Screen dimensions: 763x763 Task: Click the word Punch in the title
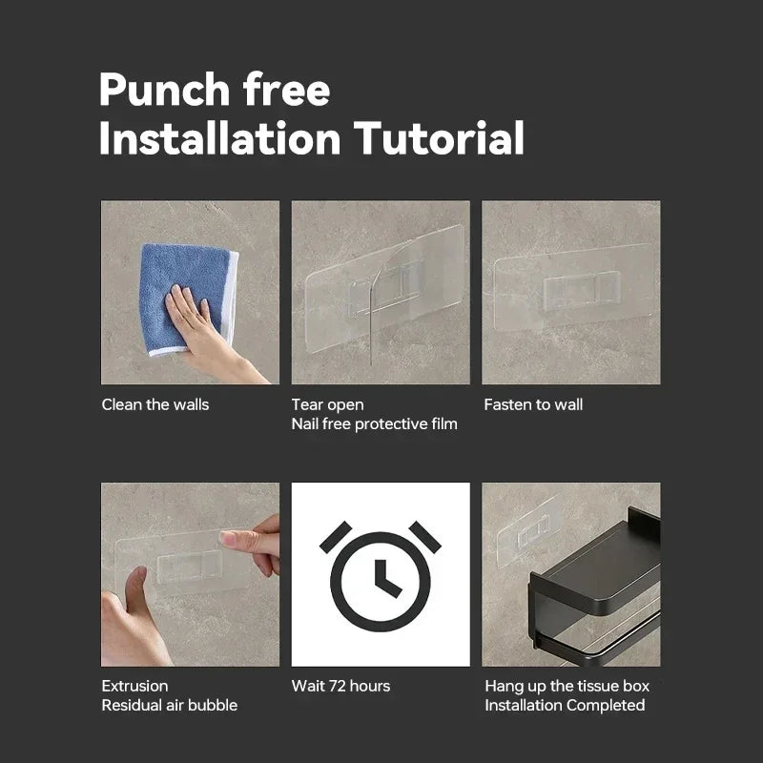tap(164, 90)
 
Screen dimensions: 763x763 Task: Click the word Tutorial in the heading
tap(439, 138)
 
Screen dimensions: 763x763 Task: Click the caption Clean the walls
tap(155, 404)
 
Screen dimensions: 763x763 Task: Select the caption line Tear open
tap(327, 404)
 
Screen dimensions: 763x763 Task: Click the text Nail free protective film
tap(374, 423)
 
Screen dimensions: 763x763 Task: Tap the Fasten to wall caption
tap(533, 404)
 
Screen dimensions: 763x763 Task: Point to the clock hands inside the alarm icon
tap(385, 579)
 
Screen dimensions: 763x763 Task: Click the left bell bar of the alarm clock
tap(336, 537)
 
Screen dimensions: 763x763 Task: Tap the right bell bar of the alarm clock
tap(424, 537)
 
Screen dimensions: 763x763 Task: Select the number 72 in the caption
tap(338, 686)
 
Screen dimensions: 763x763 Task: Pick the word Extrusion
tap(134, 686)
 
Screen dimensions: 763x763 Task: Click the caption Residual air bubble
tap(170, 705)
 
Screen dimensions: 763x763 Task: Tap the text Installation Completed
tap(565, 705)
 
